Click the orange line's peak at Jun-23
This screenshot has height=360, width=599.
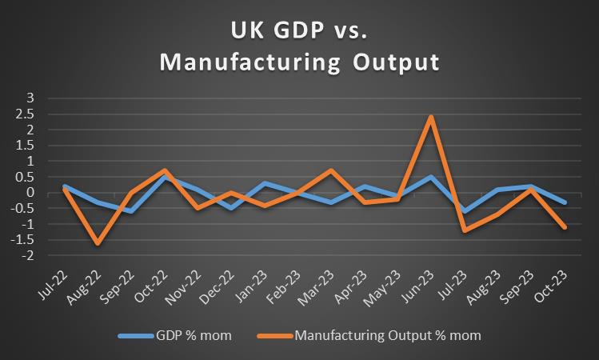(x=431, y=117)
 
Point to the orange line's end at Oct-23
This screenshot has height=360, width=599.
(x=565, y=227)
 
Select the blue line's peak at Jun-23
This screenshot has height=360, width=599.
(x=431, y=177)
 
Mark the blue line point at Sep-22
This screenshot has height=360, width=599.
(x=131, y=211)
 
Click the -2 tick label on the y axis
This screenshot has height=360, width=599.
(x=29, y=256)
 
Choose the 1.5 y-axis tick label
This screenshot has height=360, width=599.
(x=28, y=145)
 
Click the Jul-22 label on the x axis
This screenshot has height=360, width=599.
(x=53, y=283)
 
